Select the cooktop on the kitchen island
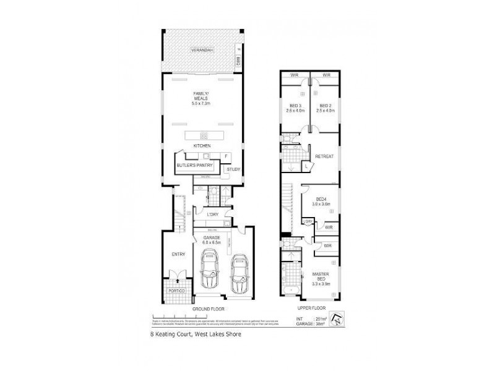coord(202,135)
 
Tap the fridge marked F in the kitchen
coord(226,155)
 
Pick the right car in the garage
coord(238,276)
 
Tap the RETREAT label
coord(324,156)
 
